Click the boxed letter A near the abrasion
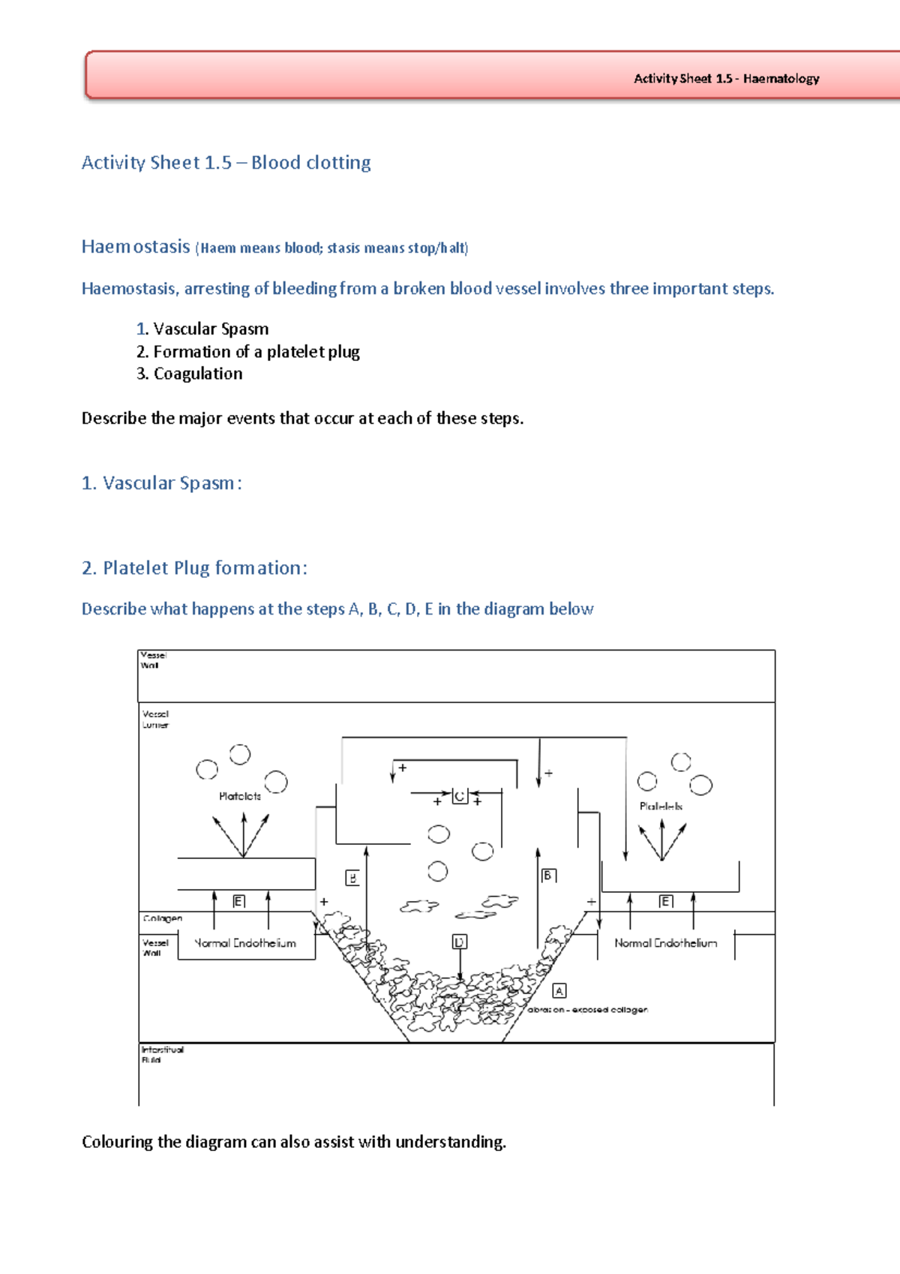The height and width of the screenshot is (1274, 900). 559,991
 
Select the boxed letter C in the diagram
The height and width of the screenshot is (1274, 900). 460,796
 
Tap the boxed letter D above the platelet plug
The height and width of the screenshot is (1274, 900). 460,942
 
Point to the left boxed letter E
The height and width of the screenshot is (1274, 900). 238,901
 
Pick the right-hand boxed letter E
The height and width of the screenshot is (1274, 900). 665,901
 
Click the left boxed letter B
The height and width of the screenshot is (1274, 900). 352,878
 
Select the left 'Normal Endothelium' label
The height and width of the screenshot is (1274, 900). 245,943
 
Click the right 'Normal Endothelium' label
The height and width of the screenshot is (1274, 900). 665,943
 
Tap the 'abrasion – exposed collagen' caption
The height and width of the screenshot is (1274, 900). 587,1010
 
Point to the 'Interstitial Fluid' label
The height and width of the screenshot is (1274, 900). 162,1054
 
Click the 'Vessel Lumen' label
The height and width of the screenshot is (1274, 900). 155,720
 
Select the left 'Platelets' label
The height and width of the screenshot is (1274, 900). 240,796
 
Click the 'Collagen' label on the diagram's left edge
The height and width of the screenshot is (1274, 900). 162,918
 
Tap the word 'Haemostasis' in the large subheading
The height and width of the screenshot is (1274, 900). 136,247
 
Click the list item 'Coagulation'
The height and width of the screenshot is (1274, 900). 197,374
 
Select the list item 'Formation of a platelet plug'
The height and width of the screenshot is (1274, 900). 256,352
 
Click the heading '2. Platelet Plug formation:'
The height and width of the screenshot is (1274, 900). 194,568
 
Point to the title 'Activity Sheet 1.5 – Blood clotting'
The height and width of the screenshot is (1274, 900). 226,163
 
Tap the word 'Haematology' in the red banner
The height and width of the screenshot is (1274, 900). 781,79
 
